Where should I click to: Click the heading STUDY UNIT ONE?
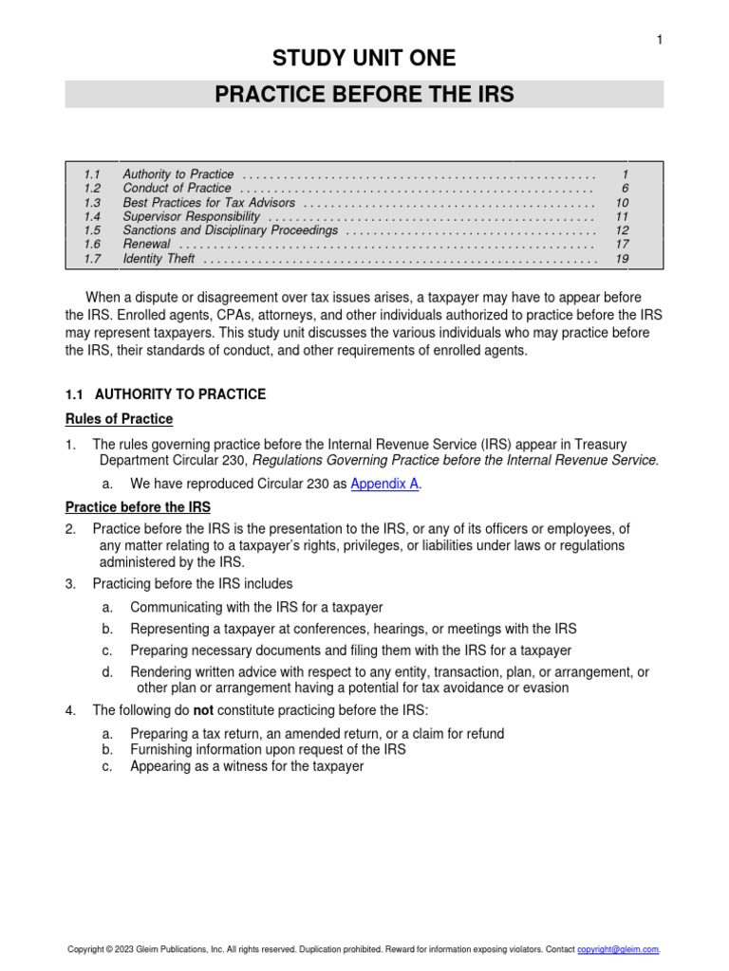tap(364, 59)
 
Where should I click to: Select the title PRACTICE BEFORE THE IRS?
tap(364, 95)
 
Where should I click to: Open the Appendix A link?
tap(385, 484)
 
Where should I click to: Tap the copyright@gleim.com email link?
tap(618, 949)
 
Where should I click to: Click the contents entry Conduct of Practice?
tap(177, 189)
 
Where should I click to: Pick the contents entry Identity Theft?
tap(159, 258)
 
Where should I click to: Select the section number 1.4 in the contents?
tap(91, 216)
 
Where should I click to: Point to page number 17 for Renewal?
tap(622, 245)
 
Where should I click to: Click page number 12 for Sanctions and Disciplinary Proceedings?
tap(622, 230)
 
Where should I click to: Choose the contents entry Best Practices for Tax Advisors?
tap(209, 203)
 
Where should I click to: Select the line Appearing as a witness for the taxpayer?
tap(247, 766)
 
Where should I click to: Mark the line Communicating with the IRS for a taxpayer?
tap(256, 607)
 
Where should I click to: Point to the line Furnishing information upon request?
tap(268, 749)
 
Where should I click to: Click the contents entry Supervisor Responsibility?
tap(191, 216)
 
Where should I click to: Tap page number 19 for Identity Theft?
tap(622, 258)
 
